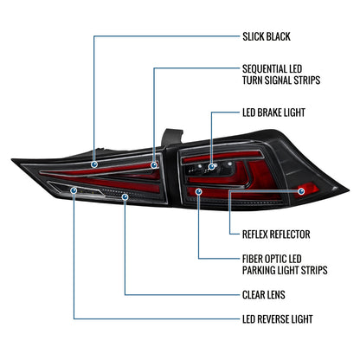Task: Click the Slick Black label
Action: coord(267,37)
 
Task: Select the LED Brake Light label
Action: coord(273,112)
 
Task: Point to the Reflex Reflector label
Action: coord(276,235)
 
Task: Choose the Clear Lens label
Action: coord(264,295)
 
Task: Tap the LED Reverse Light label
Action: coord(278,319)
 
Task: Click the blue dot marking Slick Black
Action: coord(94,164)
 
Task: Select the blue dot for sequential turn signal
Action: coord(154,165)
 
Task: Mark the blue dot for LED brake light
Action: coord(212,166)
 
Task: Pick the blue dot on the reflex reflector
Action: coord(301,191)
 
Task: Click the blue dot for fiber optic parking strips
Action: coord(199,191)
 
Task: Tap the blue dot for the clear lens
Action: coord(125,196)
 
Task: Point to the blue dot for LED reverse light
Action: coord(74,190)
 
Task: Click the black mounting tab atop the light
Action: coord(171,137)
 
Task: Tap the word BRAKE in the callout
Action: coord(268,112)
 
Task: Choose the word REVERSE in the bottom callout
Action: coord(273,319)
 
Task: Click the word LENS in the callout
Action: coord(276,295)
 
